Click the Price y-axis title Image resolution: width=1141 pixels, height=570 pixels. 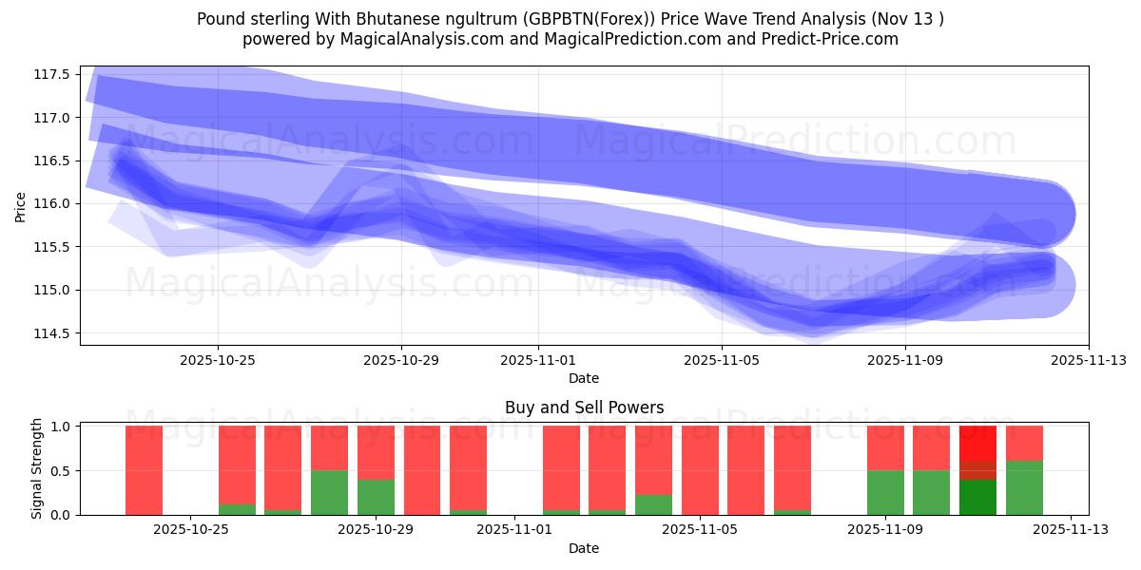(21, 205)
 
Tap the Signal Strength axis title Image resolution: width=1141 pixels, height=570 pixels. (37, 468)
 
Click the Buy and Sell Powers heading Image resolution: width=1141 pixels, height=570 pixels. (584, 408)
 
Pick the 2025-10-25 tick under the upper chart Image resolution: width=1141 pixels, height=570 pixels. (218, 360)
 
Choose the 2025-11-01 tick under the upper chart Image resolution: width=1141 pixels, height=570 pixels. (538, 360)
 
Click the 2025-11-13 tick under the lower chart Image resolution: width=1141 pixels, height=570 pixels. (1072, 530)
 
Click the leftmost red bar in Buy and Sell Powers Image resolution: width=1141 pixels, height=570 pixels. (144, 470)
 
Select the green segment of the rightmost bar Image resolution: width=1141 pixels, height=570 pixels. (1024, 488)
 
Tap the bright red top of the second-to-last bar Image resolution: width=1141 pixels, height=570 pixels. (977, 443)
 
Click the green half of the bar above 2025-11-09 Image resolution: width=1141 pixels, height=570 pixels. (885, 493)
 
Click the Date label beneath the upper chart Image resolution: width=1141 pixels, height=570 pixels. (584, 378)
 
